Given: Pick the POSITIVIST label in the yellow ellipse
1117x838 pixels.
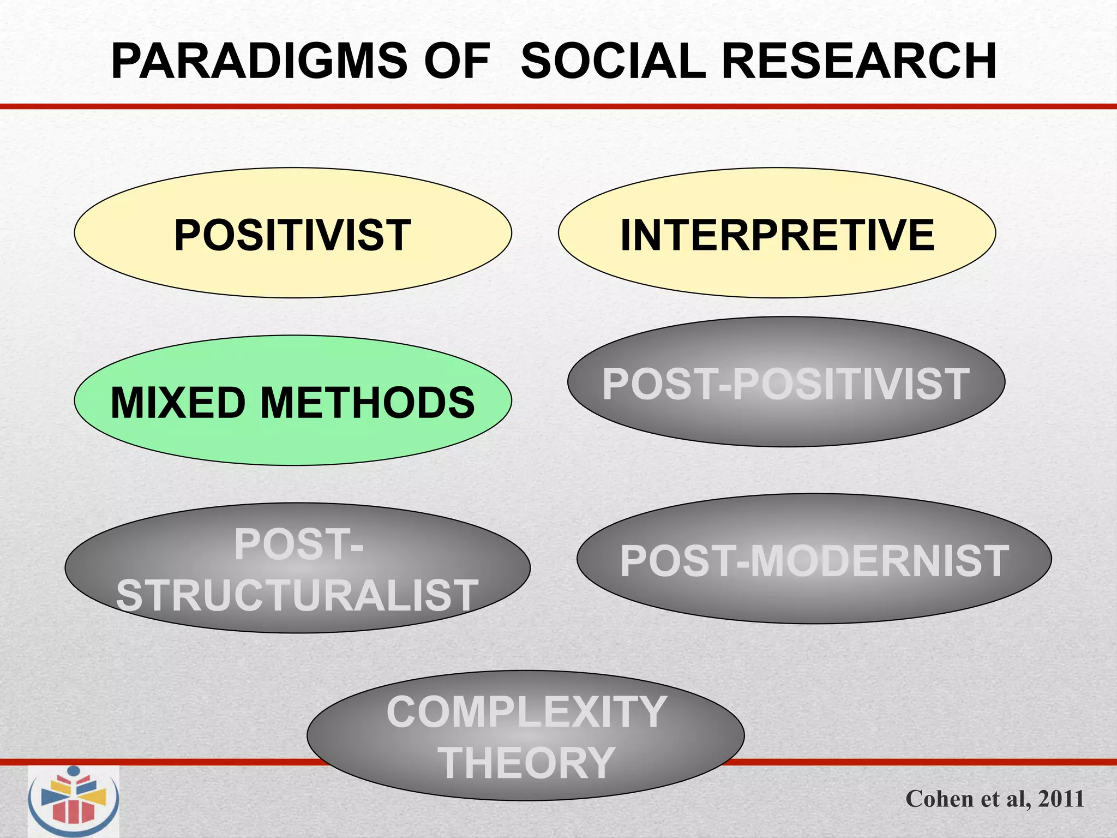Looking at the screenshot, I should coord(292,235).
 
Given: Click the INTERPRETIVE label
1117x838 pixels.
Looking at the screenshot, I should coord(777,235).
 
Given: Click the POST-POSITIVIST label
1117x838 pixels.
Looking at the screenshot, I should coord(785,384).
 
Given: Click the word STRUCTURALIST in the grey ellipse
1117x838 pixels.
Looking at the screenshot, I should coord(297,595).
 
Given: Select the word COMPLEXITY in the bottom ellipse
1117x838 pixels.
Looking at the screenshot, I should coord(526,712).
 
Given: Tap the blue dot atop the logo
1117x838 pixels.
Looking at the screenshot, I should coord(73,772).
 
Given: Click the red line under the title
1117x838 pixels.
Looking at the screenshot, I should coord(558,106).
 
